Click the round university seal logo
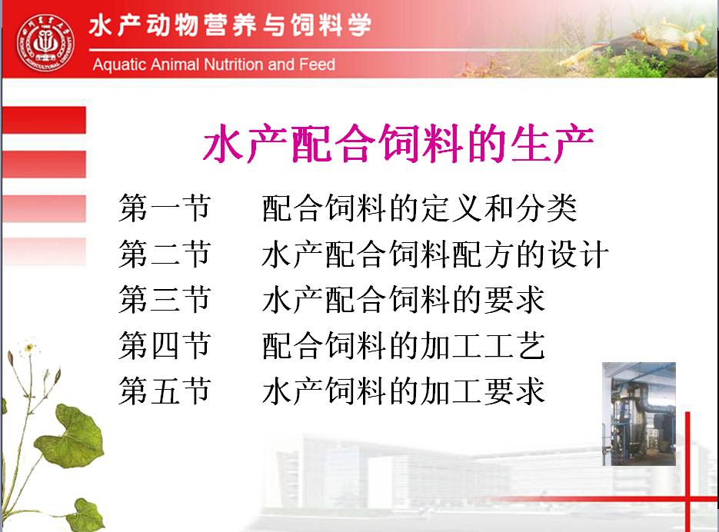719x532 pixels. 45,43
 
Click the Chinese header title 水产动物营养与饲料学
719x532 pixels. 230,25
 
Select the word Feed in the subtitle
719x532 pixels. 317,65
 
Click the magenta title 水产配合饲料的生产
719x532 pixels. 398,144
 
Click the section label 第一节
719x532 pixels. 165,208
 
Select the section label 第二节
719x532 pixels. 165,254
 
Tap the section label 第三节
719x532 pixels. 165,300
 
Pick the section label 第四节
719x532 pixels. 165,345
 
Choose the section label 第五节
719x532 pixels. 165,391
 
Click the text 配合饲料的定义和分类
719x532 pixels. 419,208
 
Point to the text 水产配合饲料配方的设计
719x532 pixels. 435,254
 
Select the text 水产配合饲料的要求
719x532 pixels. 404,300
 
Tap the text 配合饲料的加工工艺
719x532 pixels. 404,345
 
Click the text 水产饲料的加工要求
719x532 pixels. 404,391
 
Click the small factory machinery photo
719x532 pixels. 639,414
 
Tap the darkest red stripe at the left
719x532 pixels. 44,120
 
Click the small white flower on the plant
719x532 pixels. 29,348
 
